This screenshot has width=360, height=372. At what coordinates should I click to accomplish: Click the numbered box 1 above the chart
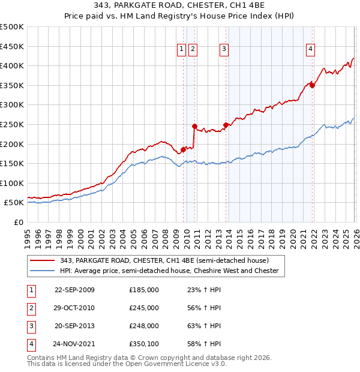181,50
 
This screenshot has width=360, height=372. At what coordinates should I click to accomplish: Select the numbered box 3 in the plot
224,50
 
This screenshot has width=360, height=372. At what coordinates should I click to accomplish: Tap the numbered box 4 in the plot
311,50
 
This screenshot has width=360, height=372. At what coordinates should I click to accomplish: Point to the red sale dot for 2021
313,85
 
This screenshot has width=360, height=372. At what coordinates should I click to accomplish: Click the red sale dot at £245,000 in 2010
194,126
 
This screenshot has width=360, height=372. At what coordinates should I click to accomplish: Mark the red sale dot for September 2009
183,149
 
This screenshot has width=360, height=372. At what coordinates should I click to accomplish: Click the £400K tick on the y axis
12,65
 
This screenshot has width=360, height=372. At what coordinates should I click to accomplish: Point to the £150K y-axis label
12,163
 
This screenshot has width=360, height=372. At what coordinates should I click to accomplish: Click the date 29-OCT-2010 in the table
74,308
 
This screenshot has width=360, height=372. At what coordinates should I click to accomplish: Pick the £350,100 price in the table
144,344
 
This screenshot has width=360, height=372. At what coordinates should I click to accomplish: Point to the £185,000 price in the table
144,290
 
